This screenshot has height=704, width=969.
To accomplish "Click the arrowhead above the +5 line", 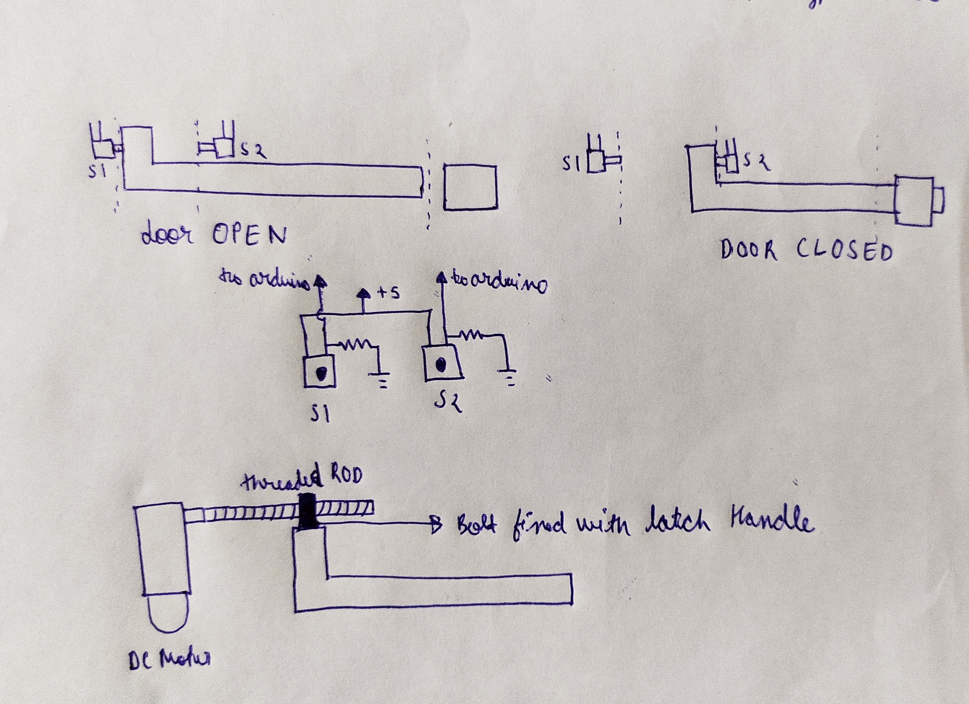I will click(364, 293).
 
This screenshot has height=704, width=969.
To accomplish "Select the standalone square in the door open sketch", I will click(470, 187).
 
